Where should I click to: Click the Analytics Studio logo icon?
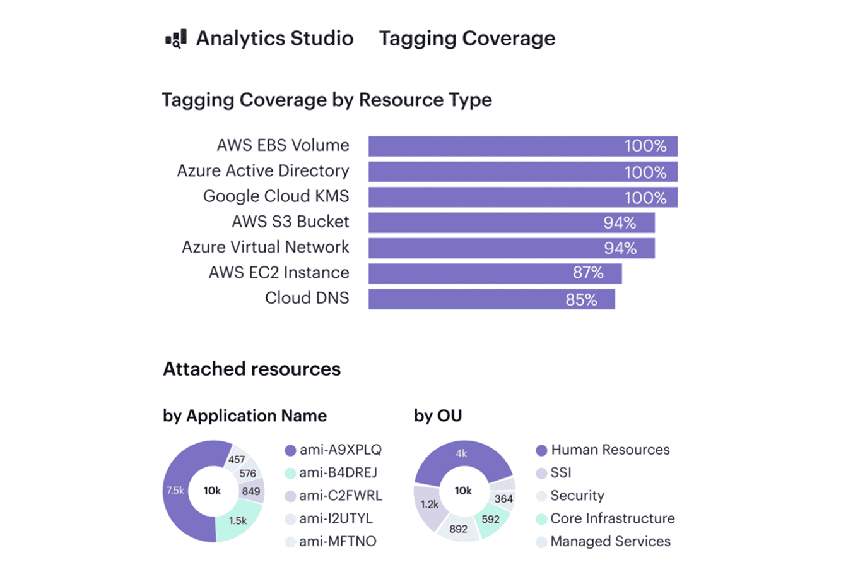(x=176, y=39)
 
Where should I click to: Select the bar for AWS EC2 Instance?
(x=495, y=273)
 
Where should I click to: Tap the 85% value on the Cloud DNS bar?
(x=581, y=299)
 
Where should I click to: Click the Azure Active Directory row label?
(x=262, y=171)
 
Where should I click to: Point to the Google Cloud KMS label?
(x=276, y=196)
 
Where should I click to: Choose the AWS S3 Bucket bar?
(x=511, y=223)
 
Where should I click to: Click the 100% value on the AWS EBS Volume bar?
(x=645, y=146)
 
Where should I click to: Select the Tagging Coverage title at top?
(x=467, y=39)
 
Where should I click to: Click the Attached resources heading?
(x=252, y=369)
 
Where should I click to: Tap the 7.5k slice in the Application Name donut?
(x=175, y=491)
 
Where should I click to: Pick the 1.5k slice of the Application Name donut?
(x=237, y=521)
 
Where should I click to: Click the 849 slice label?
(x=251, y=491)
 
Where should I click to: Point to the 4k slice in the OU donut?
(x=461, y=453)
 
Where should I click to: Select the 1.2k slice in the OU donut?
(x=430, y=505)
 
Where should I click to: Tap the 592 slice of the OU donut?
(x=490, y=519)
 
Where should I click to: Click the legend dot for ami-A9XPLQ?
(x=290, y=450)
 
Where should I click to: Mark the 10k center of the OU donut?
(x=463, y=491)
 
